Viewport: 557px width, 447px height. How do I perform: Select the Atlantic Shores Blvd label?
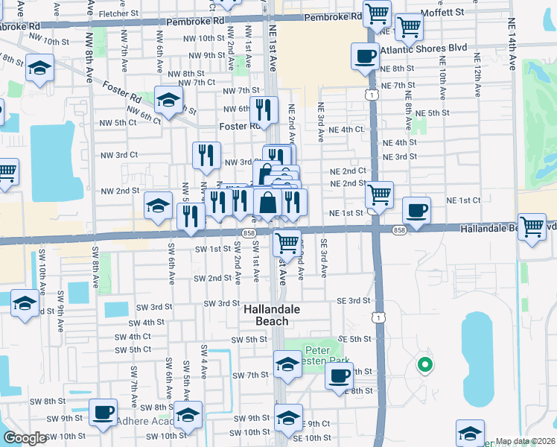click(x=423, y=48)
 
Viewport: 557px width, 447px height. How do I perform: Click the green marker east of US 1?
click(x=424, y=365)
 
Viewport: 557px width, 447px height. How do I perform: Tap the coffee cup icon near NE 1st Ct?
click(x=416, y=210)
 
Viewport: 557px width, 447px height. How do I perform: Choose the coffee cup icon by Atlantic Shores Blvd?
click(x=365, y=57)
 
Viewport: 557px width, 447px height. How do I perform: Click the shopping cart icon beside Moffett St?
click(x=409, y=27)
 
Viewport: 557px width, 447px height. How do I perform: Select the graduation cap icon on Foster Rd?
click(x=169, y=99)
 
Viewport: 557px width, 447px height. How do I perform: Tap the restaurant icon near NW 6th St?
click(x=263, y=110)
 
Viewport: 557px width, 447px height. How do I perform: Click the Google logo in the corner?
click(x=25, y=438)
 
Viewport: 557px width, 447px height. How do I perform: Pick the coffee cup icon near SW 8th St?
click(x=104, y=411)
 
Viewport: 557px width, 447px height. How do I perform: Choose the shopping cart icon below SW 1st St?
click(x=287, y=241)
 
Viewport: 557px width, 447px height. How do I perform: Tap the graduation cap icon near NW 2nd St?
click(x=158, y=205)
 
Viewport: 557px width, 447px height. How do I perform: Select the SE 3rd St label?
click(x=353, y=300)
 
